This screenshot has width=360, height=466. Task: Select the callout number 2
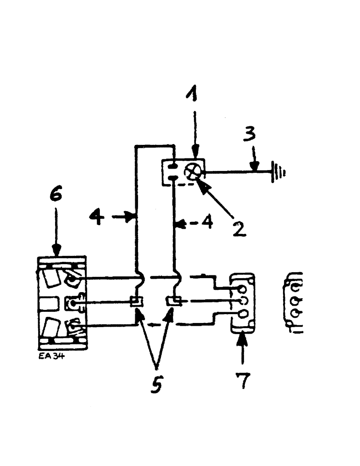[x=239, y=227]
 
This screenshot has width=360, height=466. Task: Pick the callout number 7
[x=243, y=379]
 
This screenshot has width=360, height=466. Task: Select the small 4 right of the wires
[x=208, y=223]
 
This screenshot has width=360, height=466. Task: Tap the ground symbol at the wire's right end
[x=279, y=172]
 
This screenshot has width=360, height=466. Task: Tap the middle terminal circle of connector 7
[x=242, y=302]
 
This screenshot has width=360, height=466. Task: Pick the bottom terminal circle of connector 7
[x=242, y=315]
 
